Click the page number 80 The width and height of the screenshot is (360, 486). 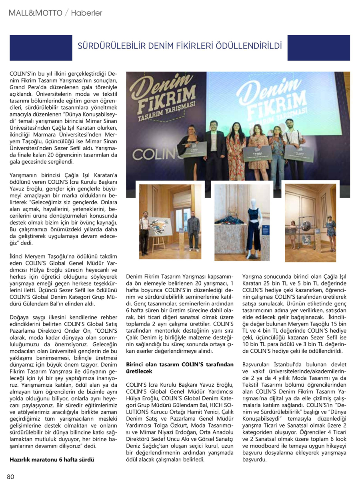pyautogui.click(x=10, y=476)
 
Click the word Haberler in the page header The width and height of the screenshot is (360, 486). pyautogui.click(x=87, y=13)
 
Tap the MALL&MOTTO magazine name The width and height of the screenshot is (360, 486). pyautogui.click(x=35, y=13)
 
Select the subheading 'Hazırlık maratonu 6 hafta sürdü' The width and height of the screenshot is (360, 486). pyautogui.click(x=52, y=460)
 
